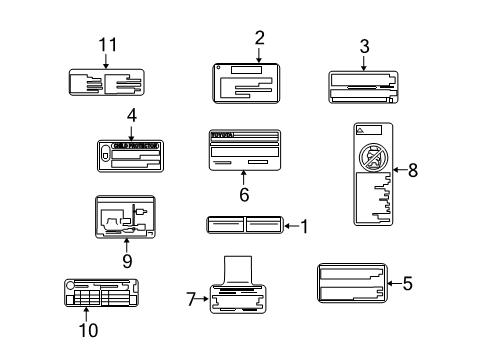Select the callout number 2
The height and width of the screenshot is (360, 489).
(x=259, y=37)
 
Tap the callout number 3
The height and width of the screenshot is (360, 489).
(x=364, y=45)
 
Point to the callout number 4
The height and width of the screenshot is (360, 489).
(x=131, y=115)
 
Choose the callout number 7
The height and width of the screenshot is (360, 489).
(x=191, y=297)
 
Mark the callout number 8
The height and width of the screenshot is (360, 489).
(x=412, y=170)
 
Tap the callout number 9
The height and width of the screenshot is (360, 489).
(x=126, y=259)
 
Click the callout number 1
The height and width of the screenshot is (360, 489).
(x=305, y=227)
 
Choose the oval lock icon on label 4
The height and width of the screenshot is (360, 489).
(x=105, y=153)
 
